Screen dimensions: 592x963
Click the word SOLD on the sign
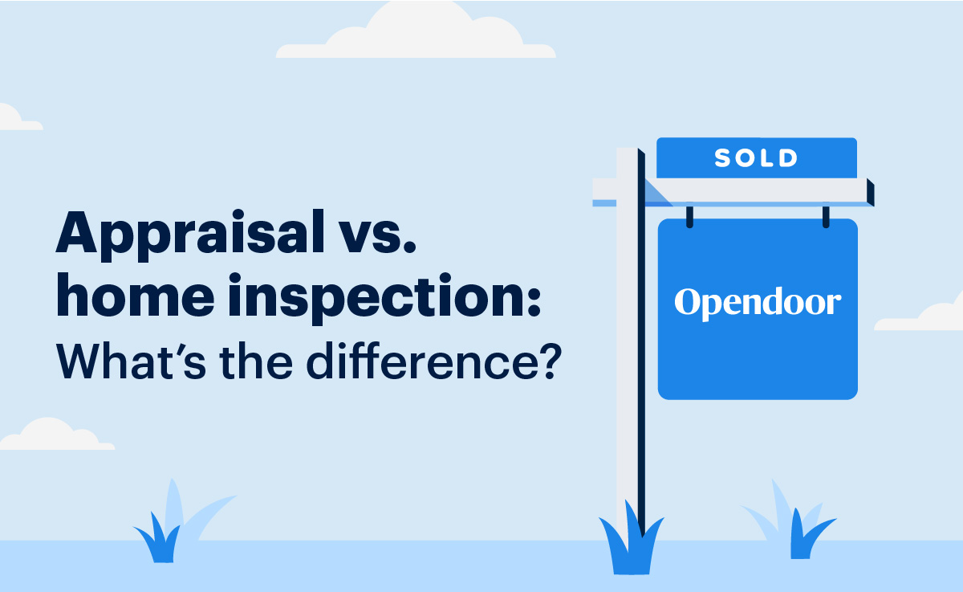(x=756, y=158)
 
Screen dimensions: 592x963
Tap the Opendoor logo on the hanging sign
(x=758, y=304)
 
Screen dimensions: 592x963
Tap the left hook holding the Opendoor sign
(x=689, y=215)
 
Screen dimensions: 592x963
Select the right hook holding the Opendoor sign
(x=825, y=215)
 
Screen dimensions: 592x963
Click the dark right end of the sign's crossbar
(x=870, y=192)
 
